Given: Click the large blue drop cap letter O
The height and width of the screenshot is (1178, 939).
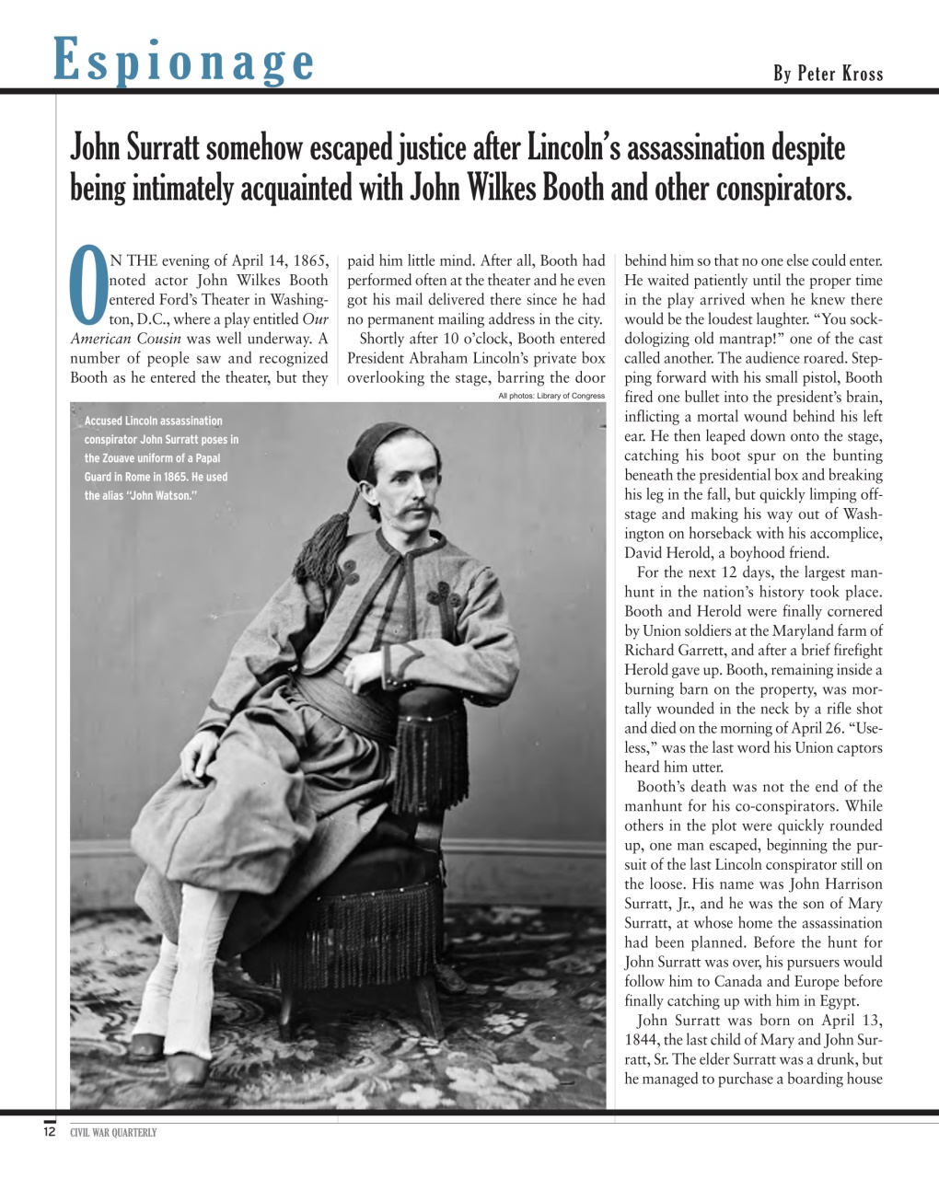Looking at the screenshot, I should (88, 287).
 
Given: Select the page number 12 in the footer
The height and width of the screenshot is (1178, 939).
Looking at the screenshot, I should (50, 1132).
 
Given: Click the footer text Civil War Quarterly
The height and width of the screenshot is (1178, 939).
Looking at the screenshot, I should (113, 1133).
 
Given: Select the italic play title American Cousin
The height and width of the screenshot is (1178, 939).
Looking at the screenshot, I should (125, 339).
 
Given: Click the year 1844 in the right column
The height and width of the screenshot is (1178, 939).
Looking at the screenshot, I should (642, 1040).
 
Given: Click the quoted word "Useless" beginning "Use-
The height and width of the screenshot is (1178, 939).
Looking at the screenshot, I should (865, 728).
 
